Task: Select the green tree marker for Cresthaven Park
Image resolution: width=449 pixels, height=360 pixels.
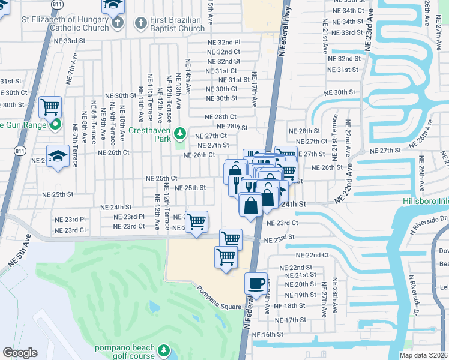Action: pos(179,132)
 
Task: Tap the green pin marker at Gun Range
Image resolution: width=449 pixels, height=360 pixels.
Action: pos(56,125)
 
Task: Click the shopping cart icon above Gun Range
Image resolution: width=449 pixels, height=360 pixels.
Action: pos(50,108)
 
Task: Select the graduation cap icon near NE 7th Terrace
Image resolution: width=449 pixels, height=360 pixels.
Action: pos(58,156)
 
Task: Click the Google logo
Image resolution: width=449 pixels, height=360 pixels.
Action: pos(20,353)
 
